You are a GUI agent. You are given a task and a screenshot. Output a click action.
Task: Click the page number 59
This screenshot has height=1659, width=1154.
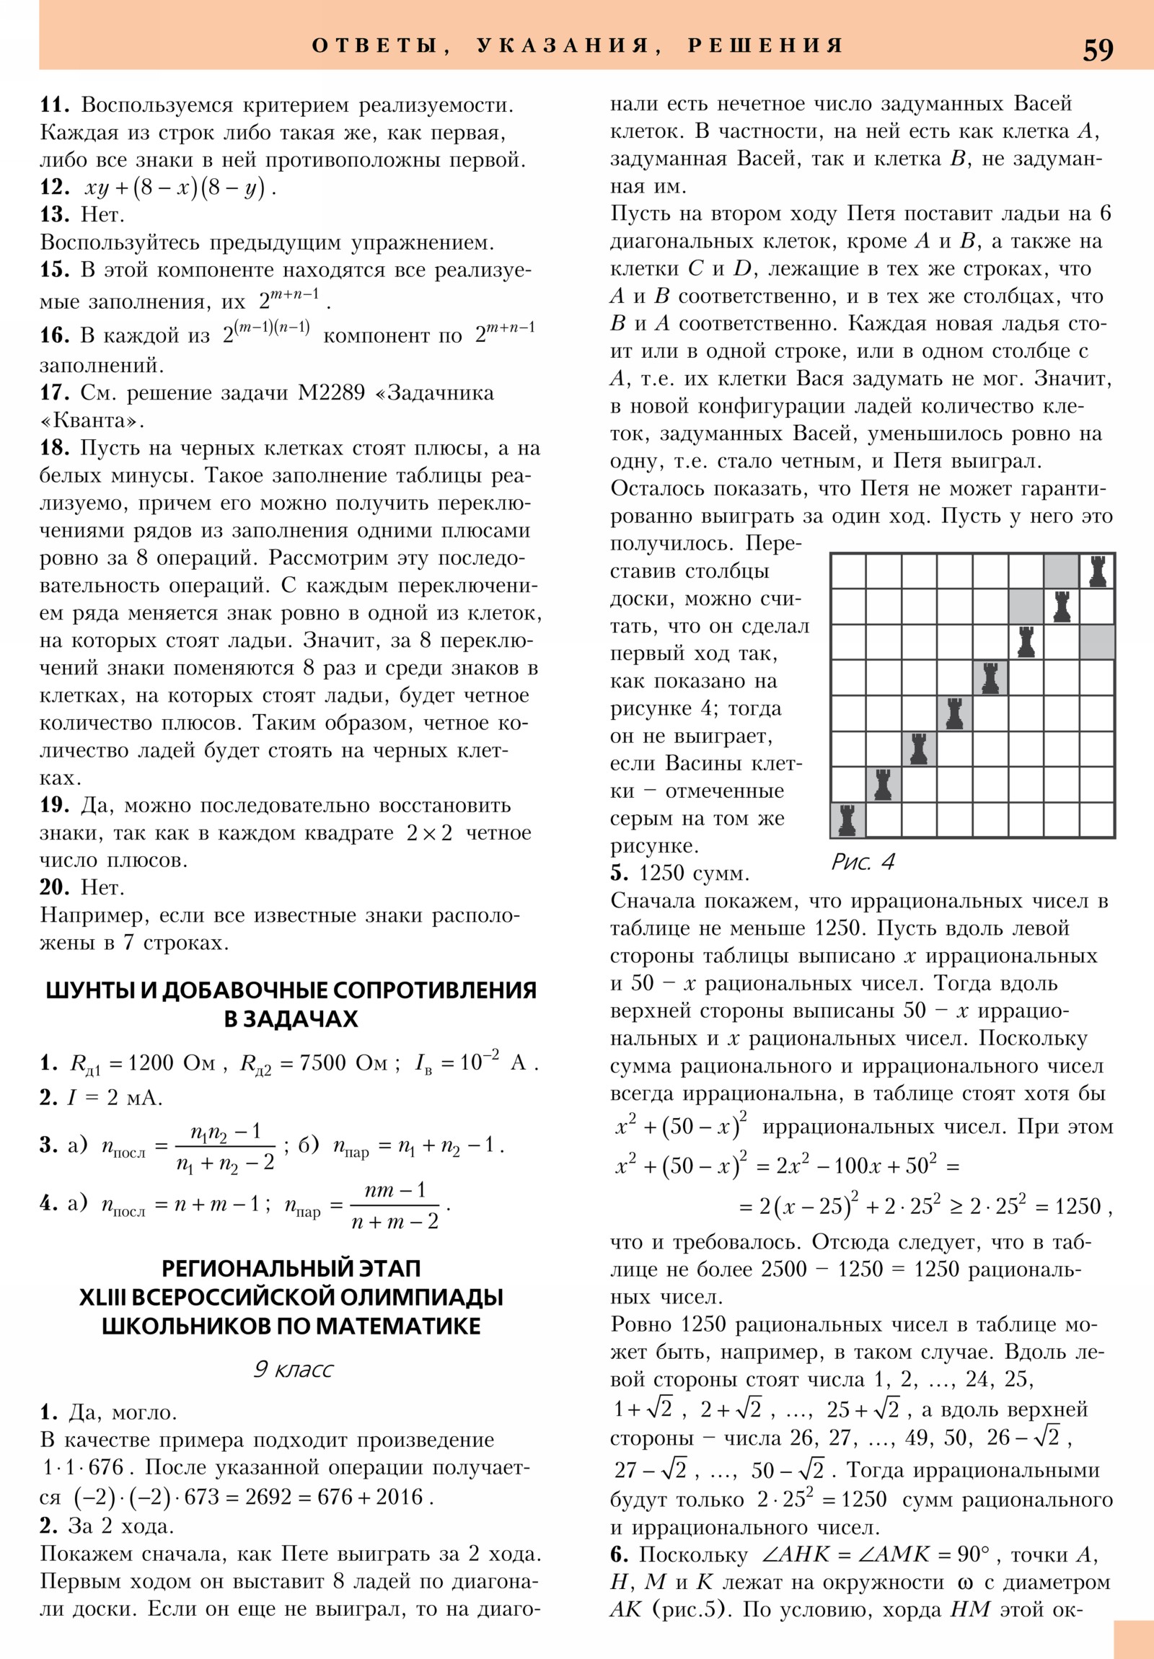[x=1098, y=50]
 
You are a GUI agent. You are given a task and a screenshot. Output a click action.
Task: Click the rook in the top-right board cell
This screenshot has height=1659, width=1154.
[x=1097, y=571]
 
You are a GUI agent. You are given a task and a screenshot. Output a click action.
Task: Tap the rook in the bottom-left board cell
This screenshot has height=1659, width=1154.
[x=847, y=820]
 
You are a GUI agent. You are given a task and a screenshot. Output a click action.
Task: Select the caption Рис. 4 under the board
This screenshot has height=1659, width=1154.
[x=863, y=862]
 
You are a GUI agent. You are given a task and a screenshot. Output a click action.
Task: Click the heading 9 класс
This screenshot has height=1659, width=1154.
[x=293, y=1369]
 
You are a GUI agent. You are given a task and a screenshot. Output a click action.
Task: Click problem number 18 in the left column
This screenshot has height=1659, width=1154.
[x=54, y=448]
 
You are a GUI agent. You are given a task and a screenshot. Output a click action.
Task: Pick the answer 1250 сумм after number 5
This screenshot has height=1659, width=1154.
[x=694, y=873]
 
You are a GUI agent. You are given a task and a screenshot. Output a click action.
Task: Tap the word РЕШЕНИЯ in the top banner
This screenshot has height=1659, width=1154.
[x=765, y=46]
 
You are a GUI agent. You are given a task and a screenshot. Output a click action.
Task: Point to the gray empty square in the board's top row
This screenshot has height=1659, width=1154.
[x=1061, y=571]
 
